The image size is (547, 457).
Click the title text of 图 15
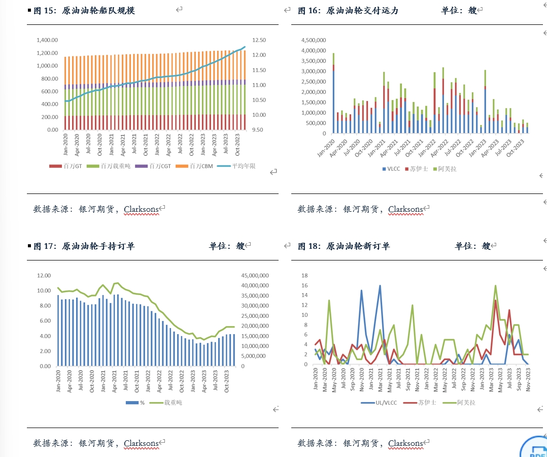(x=84, y=11)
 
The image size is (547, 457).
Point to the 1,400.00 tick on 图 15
(x=48, y=40)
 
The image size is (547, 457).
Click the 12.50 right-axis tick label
(x=259, y=40)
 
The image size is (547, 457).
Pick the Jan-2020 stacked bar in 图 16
(x=333, y=93)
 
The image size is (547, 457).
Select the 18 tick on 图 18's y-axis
(x=304, y=276)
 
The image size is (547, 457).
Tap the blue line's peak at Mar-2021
(x=380, y=285)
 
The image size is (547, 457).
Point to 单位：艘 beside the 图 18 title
(x=472, y=246)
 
